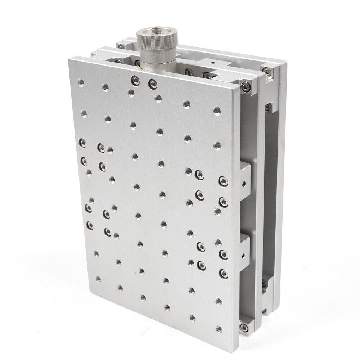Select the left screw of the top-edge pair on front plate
pos(135,80)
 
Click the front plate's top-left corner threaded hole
pos(81,83)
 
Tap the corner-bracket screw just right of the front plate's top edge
pos(246,86)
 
